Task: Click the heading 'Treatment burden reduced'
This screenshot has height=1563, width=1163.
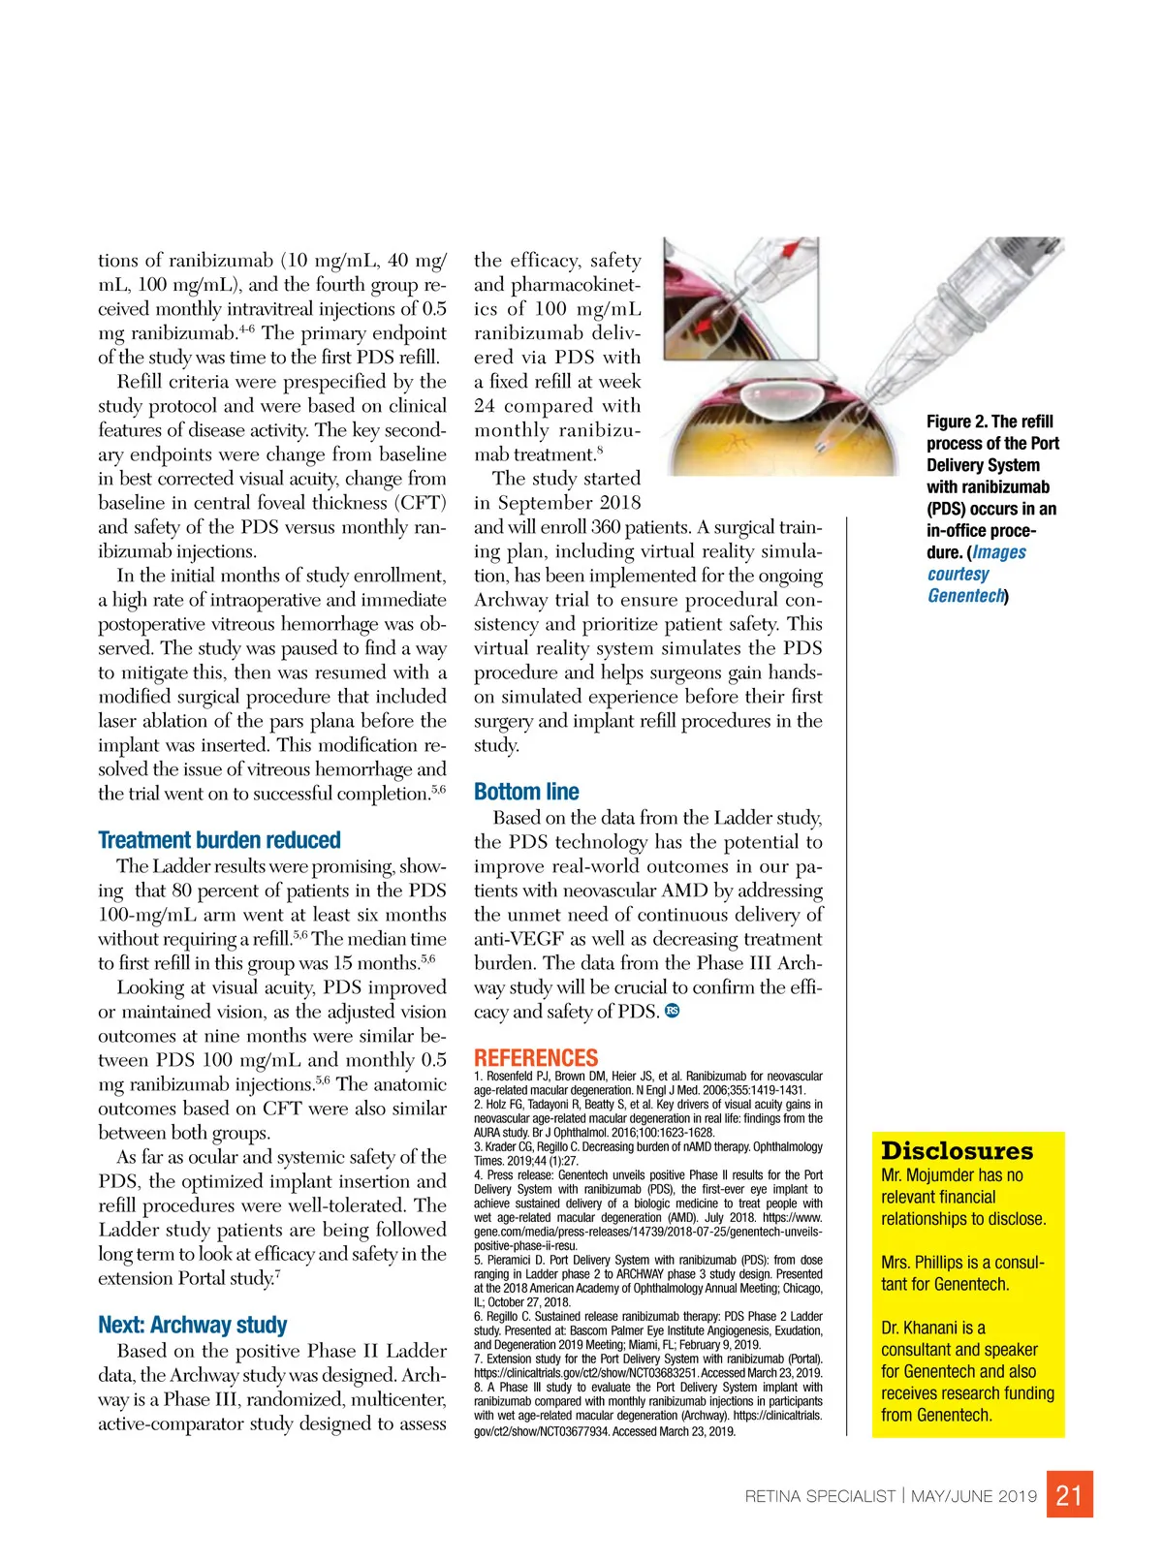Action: [x=219, y=840]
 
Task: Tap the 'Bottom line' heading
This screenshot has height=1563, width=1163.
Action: [x=526, y=792]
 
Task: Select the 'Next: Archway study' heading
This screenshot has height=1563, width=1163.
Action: [x=192, y=1325]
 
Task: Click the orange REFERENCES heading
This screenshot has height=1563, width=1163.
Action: [x=536, y=1057]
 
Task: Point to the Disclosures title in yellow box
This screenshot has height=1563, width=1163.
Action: [x=957, y=1151]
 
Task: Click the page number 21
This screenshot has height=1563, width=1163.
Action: [x=1069, y=1495]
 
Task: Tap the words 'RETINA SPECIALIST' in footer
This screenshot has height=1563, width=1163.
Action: [x=820, y=1496]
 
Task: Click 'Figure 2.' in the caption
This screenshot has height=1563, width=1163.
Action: [x=957, y=422]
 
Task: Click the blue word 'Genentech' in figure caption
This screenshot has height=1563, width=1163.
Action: [x=965, y=596]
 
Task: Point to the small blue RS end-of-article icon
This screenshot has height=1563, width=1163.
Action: [x=673, y=1011]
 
